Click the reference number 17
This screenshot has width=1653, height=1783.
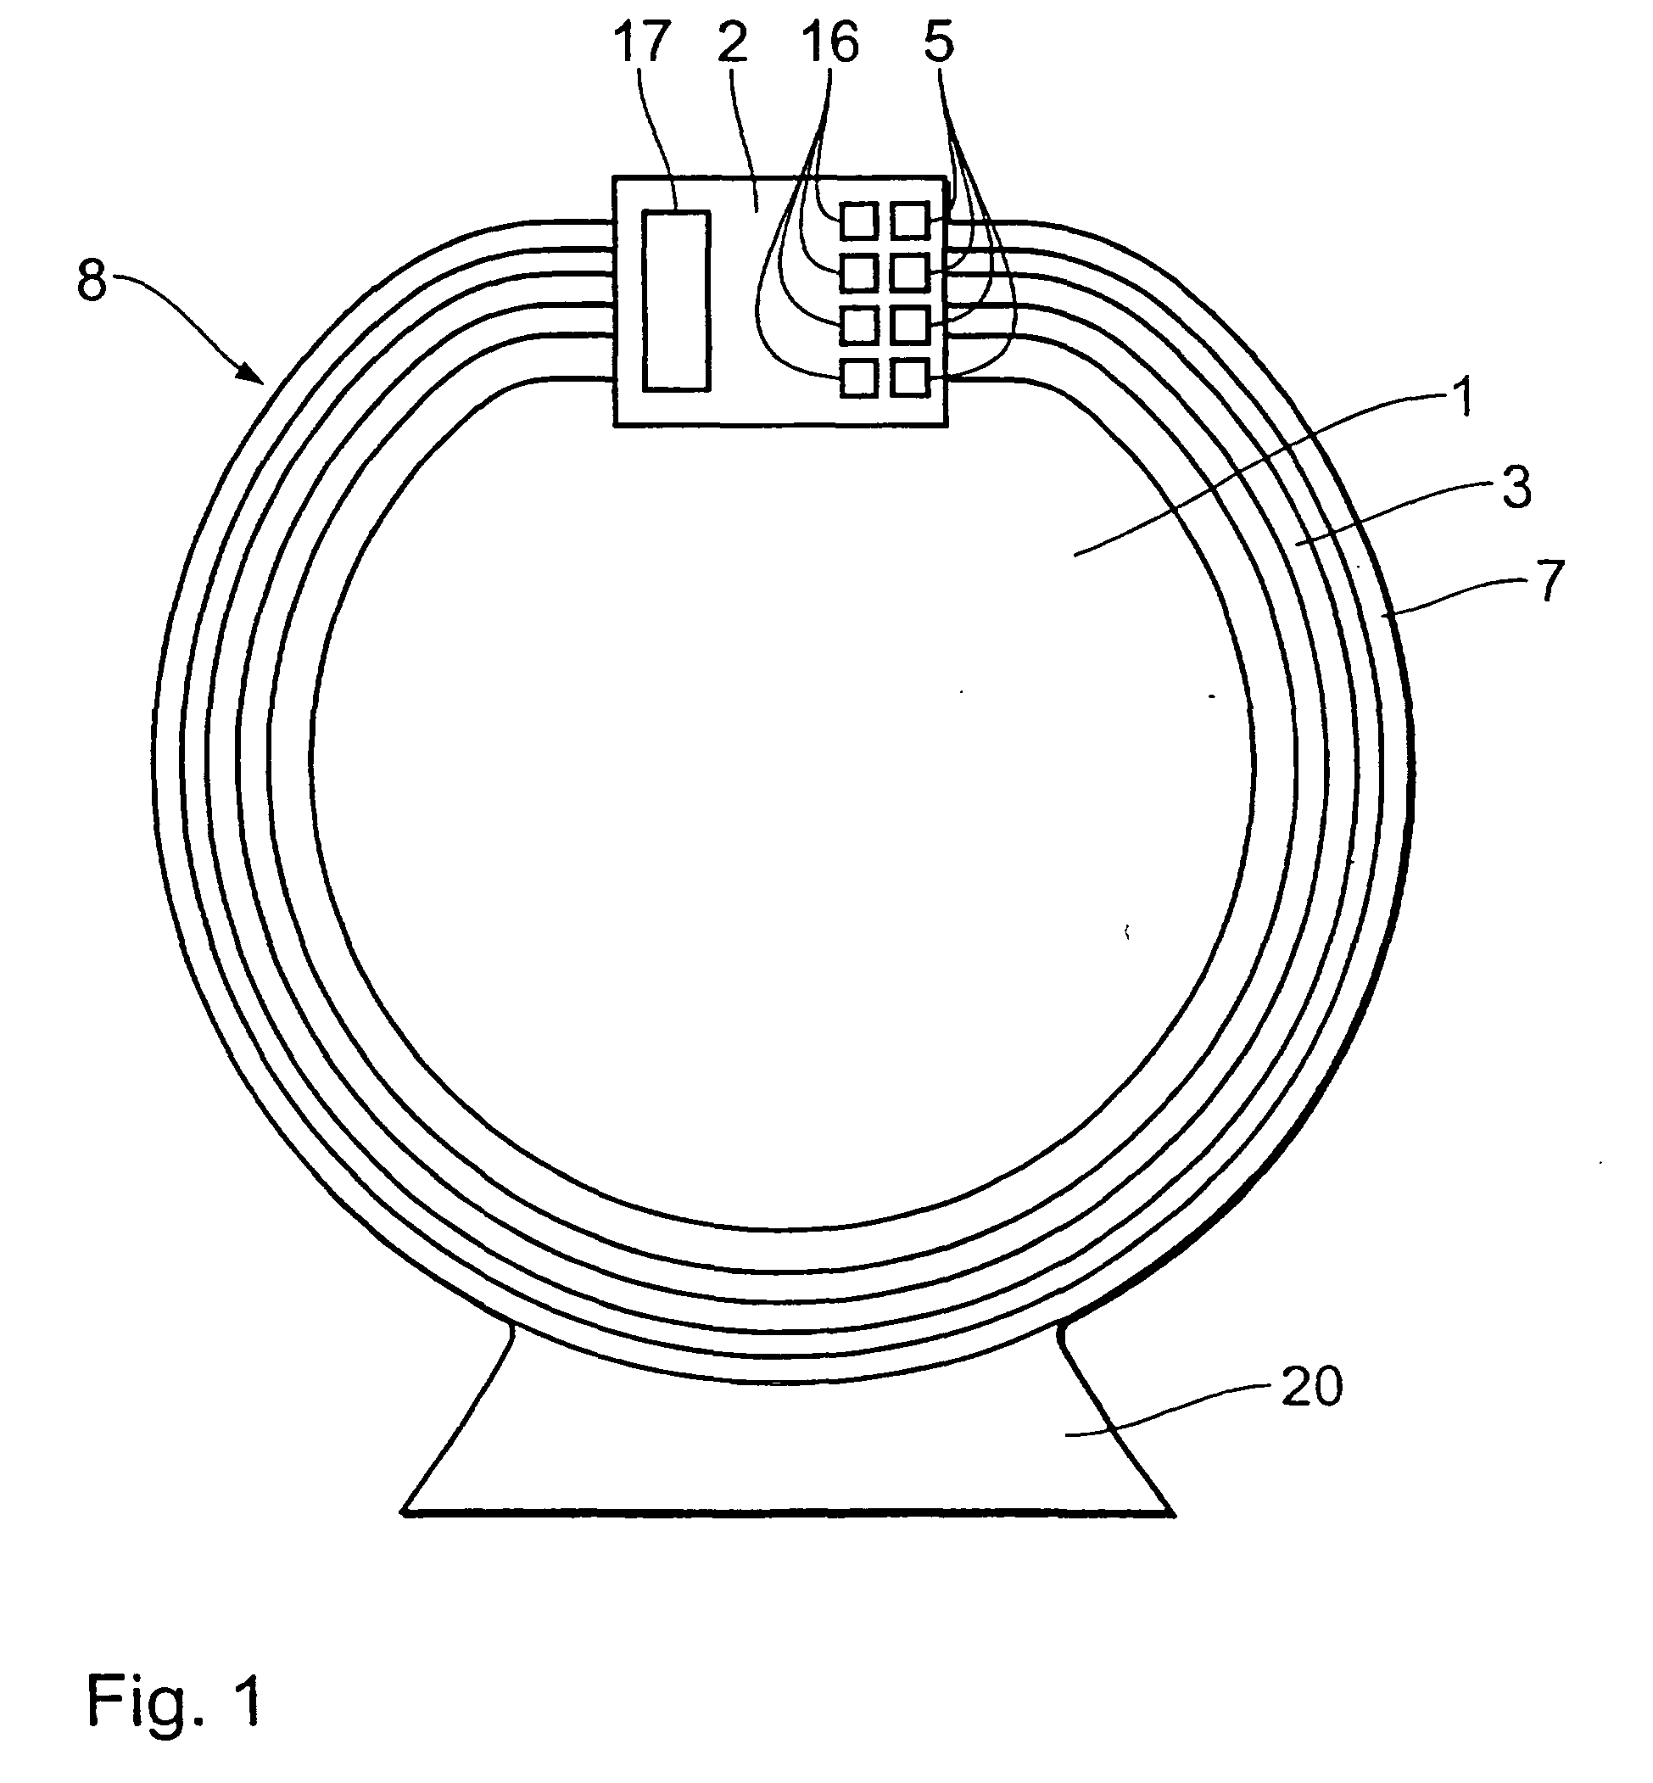point(641,44)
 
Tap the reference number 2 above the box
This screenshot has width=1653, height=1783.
point(733,44)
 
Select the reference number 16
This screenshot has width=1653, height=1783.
point(831,44)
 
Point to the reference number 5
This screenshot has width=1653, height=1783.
point(938,44)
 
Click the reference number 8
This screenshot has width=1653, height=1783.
point(92,281)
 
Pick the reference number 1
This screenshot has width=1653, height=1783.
point(1463,398)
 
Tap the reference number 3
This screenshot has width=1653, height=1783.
point(1516,489)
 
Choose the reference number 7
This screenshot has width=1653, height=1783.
point(1550,579)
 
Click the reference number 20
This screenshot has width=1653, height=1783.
point(1311,1388)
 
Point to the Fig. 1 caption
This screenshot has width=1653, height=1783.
point(174,1700)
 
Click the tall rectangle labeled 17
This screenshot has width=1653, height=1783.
point(676,301)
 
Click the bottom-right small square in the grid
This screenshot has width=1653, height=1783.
point(911,378)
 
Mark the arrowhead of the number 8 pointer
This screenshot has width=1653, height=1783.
point(259,377)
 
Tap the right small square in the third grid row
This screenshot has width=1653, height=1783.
point(911,326)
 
